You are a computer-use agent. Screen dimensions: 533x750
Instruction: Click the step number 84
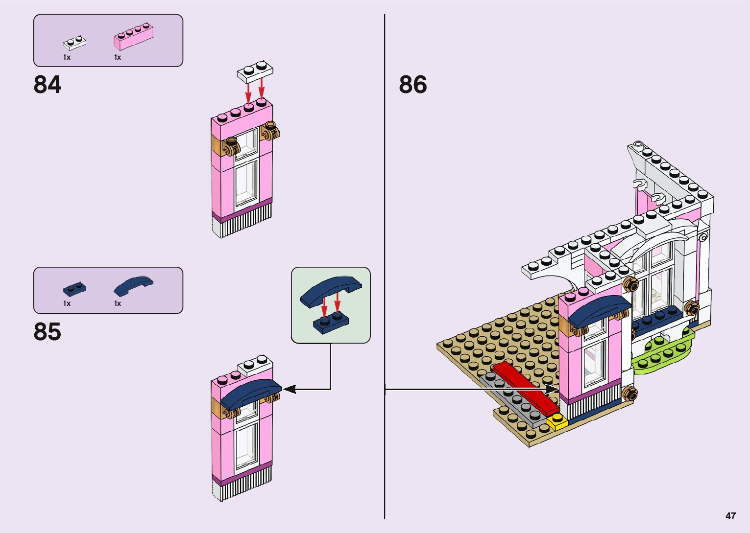click(x=48, y=85)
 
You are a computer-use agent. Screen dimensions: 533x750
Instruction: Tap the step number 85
click(x=48, y=332)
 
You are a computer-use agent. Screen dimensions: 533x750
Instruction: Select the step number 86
click(x=412, y=85)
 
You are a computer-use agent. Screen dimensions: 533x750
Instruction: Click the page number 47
click(x=730, y=516)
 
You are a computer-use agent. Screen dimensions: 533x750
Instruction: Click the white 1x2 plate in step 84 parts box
click(x=74, y=43)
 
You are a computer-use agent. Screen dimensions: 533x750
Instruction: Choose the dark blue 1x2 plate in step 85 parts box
click(x=74, y=289)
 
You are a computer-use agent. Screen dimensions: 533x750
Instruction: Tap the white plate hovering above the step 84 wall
click(x=255, y=71)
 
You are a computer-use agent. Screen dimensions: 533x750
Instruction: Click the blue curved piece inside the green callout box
click(x=331, y=289)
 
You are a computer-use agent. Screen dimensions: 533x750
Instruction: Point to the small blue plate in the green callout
click(x=331, y=323)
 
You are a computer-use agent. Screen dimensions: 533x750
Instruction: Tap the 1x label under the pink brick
click(x=118, y=57)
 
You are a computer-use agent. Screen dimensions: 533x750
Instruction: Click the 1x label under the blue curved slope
click(x=118, y=303)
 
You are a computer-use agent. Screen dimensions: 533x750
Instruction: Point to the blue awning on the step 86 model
click(x=598, y=310)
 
